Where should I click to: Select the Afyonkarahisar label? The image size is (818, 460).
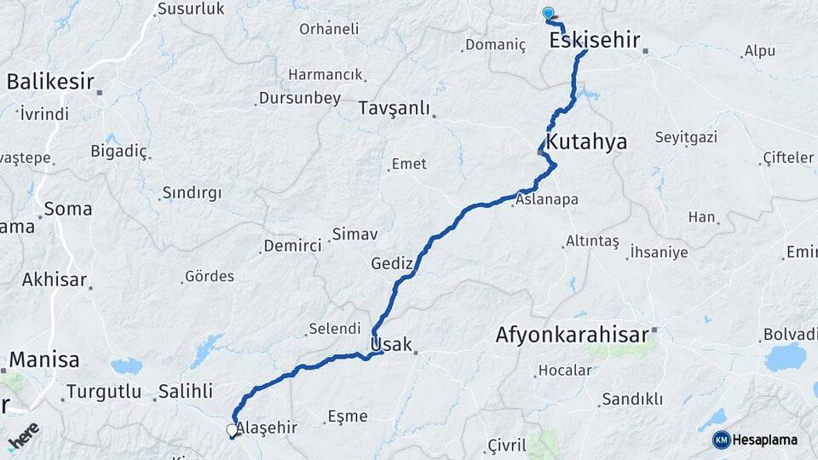coord(572,335)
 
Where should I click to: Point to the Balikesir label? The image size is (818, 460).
coord(49,82)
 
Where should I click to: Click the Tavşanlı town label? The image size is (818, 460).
coord(395,108)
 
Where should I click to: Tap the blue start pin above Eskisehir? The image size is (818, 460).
coord(548,13)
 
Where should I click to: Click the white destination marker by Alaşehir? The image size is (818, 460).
coord(232,430)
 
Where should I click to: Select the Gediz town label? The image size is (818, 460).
coord(392,263)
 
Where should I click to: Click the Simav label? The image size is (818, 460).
coord(354,233)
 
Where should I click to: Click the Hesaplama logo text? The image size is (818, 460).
coord(764,440)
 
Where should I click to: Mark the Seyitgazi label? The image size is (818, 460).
coord(686,137)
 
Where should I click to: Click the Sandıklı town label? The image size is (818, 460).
coord(632,399)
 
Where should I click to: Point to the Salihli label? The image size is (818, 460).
coord(185,392)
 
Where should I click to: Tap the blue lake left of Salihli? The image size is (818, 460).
coord(126,366)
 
